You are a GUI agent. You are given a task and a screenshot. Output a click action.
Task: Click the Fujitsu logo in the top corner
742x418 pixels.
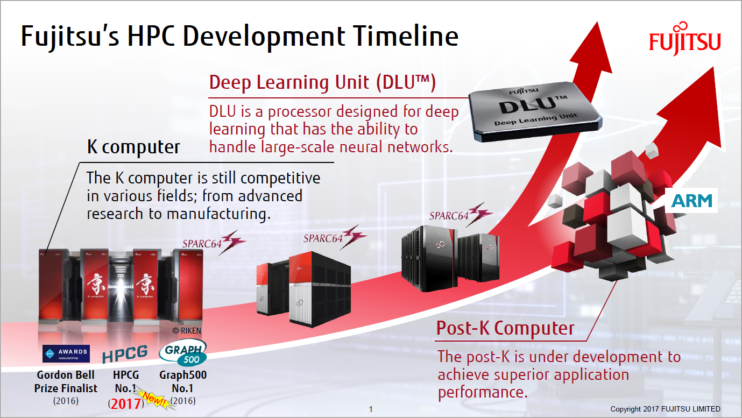(x=684, y=38)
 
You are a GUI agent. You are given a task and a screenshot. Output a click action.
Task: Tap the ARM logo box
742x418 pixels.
(x=691, y=200)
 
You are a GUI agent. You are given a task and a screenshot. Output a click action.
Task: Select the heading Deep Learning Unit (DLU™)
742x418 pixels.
(x=322, y=82)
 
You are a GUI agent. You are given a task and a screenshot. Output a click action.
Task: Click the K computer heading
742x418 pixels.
(x=133, y=147)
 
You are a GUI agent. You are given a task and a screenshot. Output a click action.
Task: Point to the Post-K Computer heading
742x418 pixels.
(x=505, y=328)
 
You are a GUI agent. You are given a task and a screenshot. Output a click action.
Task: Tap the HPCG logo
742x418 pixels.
(x=124, y=354)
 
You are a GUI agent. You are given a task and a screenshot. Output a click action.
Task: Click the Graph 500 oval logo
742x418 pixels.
(x=183, y=353)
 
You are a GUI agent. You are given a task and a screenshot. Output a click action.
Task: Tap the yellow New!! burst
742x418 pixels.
(x=153, y=399)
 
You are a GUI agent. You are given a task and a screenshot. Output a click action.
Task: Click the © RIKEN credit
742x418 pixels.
(x=186, y=331)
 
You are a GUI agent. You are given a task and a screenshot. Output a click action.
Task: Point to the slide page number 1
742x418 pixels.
(x=371, y=409)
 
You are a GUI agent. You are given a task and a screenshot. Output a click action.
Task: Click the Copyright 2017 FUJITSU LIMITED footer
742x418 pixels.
(x=665, y=409)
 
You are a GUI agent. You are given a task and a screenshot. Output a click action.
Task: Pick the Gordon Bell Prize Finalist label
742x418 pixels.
(x=66, y=381)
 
